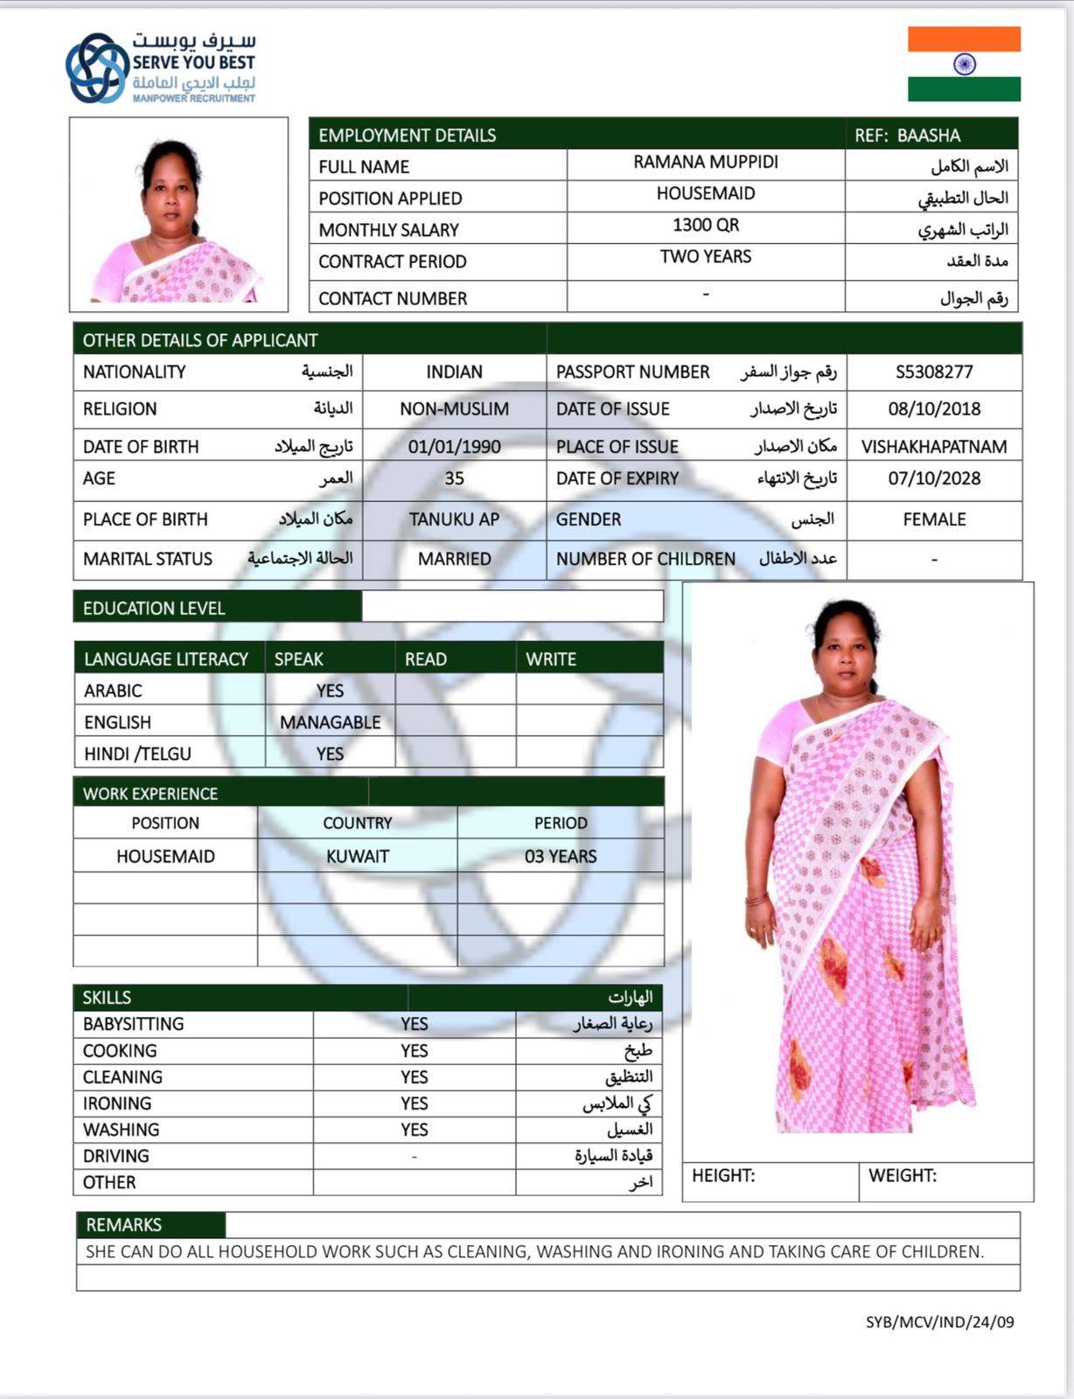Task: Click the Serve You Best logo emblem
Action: [x=96, y=67]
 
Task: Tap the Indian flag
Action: [x=964, y=64]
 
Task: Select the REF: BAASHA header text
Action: [x=907, y=136]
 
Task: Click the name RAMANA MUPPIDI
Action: [x=705, y=162]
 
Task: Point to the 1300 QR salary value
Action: [x=705, y=225]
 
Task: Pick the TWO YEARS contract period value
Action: [x=705, y=256]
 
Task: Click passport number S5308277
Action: [x=933, y=372]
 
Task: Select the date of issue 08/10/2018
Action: [x=933, y=408]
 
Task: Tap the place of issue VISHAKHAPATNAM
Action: [x=933, y=447]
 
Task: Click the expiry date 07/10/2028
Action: [x=933, y=478]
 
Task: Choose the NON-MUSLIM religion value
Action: [x=454, y=408]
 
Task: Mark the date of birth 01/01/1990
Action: [x=454, y=447]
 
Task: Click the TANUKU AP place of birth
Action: [x=454, y=519]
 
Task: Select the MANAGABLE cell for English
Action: [x=330, y=722]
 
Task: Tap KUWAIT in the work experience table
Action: [x=357, y=856]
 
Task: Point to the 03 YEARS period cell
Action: [x=560, y=856]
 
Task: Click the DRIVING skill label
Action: [x=115, y=1156]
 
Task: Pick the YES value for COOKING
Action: [x=414, y=1050]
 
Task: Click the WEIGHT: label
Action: [x=902, y=1175]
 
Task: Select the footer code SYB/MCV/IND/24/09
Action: [x=939, y=1322]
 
